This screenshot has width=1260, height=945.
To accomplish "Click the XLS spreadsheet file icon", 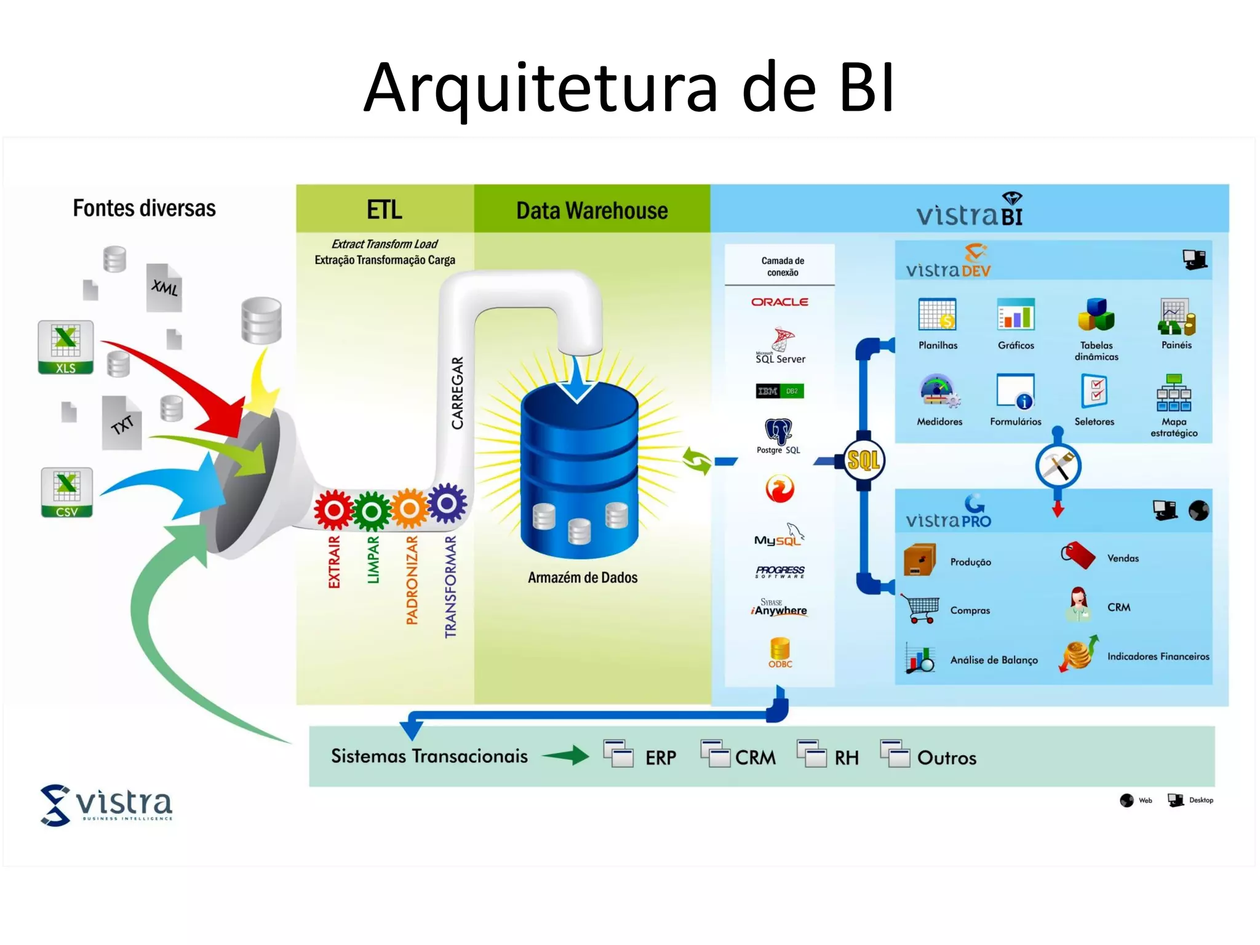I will pos(66,347).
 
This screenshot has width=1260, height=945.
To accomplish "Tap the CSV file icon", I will pos(67,492).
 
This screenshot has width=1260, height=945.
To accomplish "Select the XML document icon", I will pos(164,287).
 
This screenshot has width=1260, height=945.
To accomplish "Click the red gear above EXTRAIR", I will pos(333,510).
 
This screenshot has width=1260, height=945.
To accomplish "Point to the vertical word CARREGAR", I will pos(457,393).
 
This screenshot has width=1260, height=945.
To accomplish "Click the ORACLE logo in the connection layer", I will pos(780,302).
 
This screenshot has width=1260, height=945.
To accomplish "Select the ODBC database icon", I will pos(780,652).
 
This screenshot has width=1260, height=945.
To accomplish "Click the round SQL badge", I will pos(863,460).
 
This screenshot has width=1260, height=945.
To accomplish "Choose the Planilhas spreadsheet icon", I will pos(937,315).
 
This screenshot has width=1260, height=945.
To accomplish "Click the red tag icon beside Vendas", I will pos(1078,556).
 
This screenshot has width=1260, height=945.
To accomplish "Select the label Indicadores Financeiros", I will pos(1158,656).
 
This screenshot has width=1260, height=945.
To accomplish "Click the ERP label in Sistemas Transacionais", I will pos(661,757).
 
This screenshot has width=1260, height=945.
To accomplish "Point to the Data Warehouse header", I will pos(592,210).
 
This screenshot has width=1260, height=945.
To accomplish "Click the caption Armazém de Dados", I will pos(583,578).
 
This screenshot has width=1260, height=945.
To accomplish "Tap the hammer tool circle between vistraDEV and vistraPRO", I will pos(1058,466).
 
